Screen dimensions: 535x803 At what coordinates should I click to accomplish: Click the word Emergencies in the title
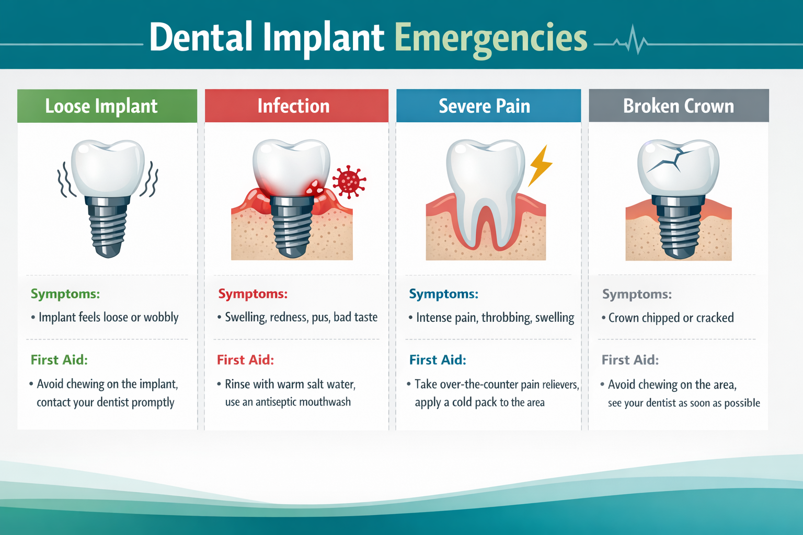pos(490,38)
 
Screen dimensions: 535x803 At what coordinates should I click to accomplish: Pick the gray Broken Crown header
pos(679,106)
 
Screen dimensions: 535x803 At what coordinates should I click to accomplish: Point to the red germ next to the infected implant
pos(349,181)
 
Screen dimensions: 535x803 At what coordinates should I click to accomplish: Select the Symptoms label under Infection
pos(253,294)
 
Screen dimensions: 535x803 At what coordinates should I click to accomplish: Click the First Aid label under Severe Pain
pos(438,360)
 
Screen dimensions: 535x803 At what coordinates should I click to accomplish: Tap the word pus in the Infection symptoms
pos(320,318)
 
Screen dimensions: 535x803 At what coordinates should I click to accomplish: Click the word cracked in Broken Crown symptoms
pos(715,318)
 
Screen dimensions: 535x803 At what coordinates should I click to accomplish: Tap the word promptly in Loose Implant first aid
pos(153,402)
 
